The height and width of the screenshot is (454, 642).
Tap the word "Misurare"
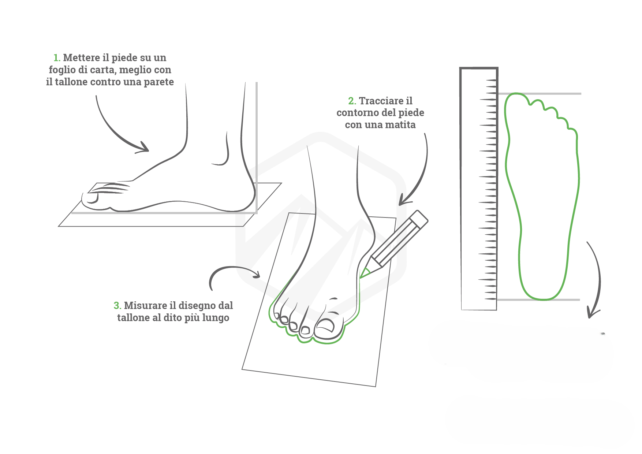[145, 306]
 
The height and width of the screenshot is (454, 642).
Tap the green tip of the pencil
[364, 273]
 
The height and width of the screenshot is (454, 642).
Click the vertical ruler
[479, 189]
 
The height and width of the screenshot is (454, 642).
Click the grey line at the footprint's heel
[538, 300]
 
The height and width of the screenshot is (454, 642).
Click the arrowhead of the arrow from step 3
[257, 274]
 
